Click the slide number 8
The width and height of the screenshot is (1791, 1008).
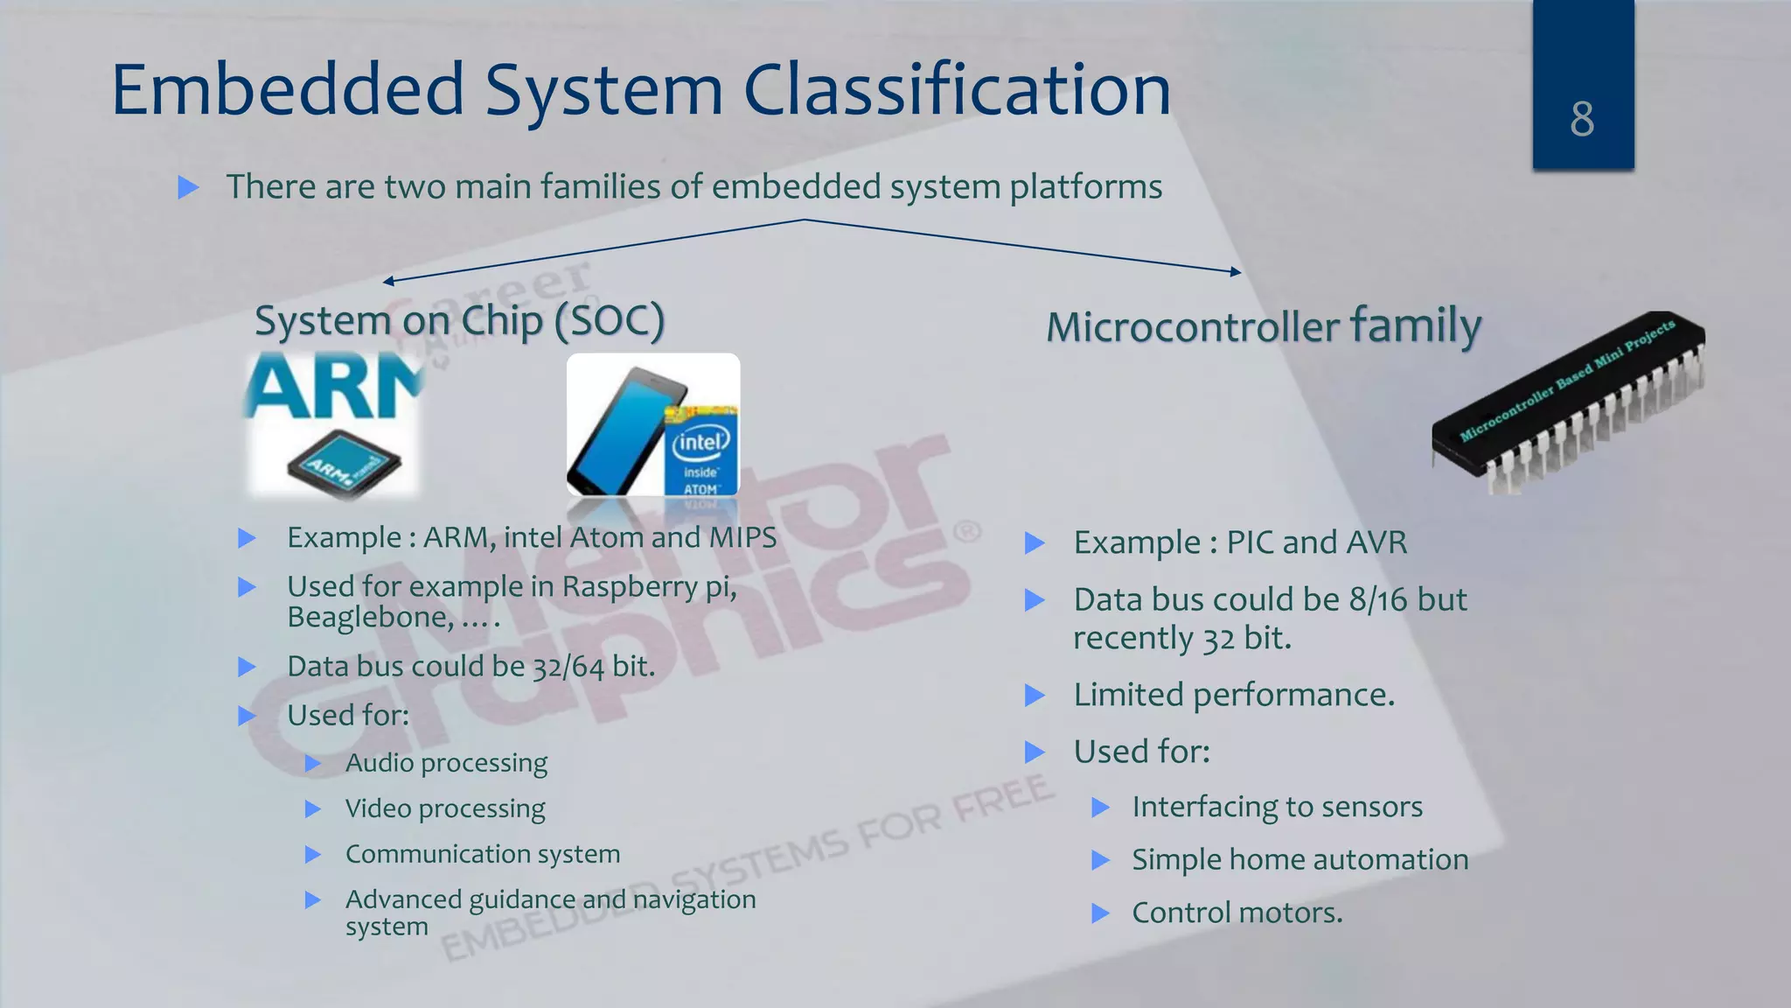1582,119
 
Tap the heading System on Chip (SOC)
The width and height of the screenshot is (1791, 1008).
459,321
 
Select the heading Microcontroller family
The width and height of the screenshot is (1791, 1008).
1263,326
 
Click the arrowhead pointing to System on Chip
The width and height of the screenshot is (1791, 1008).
388,281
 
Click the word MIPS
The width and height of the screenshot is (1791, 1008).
742,537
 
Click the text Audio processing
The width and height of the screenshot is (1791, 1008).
446,763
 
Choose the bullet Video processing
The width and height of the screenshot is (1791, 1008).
444,808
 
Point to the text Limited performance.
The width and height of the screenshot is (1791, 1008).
1233,695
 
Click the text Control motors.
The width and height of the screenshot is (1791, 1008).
1237,913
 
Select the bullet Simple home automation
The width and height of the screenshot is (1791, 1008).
1300,859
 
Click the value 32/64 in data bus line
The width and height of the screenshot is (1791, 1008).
568,667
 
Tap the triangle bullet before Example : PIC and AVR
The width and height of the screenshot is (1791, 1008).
1035,543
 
